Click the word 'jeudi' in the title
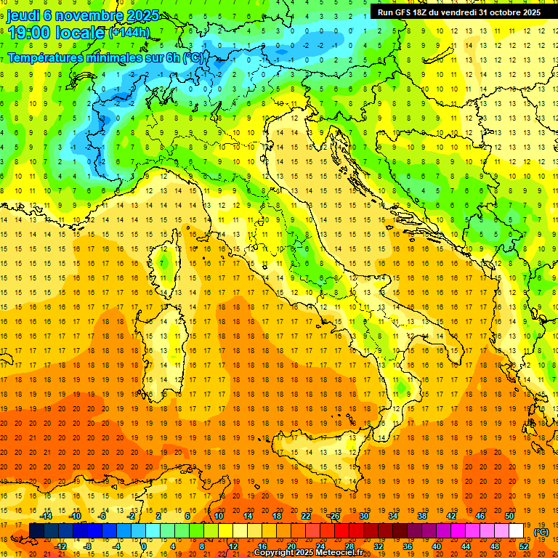24,15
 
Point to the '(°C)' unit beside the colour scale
541,532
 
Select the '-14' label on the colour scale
47,517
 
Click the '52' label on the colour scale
524,546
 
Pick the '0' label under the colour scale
144,546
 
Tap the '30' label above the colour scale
363,517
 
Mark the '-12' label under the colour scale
61,546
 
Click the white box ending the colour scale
516,531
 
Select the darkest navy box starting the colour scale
36,531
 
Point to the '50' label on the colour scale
510,517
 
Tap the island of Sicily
312,454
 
